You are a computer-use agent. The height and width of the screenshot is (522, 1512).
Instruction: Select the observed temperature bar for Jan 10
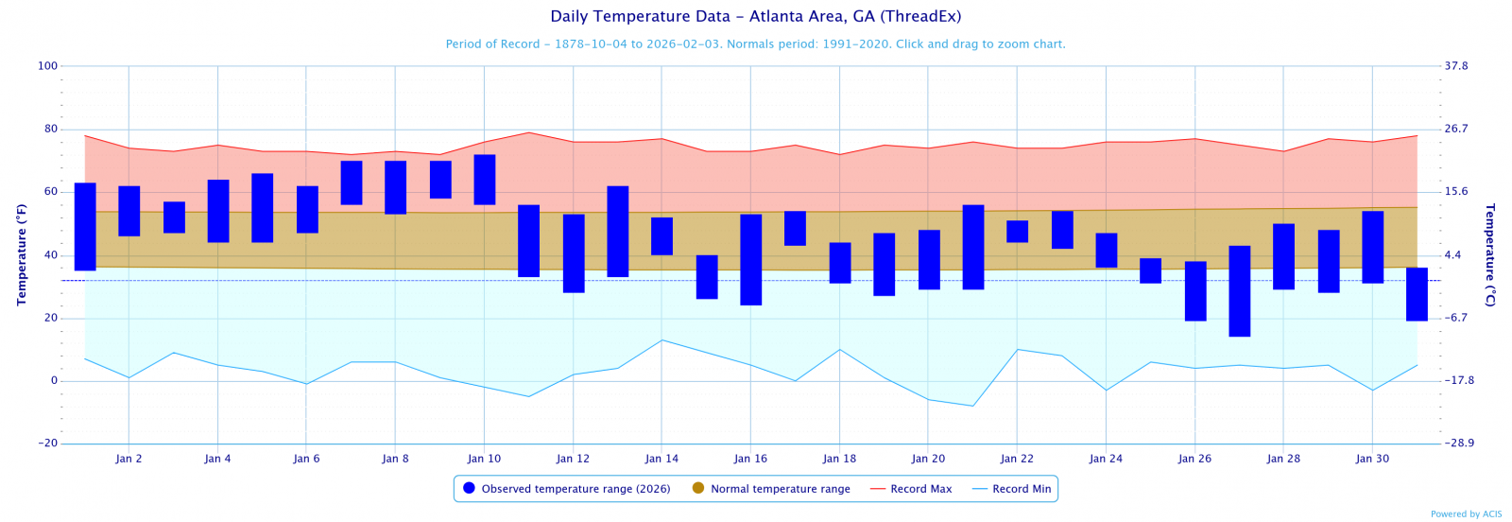485,180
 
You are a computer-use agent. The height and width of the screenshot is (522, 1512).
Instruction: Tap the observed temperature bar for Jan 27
1240,291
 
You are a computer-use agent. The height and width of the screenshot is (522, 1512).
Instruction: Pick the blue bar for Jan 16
751,260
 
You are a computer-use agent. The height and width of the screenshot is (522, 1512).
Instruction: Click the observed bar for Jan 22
1018,232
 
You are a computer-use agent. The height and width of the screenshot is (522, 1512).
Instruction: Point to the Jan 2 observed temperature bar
129,211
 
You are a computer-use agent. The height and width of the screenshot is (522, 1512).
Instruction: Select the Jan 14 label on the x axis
661,459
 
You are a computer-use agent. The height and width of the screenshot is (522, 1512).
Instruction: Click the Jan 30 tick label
1372,459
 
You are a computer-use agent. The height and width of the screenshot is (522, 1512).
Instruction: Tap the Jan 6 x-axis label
306,459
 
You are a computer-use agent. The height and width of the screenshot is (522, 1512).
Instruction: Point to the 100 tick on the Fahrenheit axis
47,66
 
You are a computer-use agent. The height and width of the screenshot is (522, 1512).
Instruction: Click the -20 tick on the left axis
47,444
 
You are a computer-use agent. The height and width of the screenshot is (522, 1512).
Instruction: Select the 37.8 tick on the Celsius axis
1456,66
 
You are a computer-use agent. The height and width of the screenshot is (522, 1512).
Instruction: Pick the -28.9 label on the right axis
1458,444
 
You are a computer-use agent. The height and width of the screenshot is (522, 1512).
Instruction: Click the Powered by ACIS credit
1466,514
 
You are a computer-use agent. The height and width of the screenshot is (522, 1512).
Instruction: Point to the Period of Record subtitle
755,44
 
